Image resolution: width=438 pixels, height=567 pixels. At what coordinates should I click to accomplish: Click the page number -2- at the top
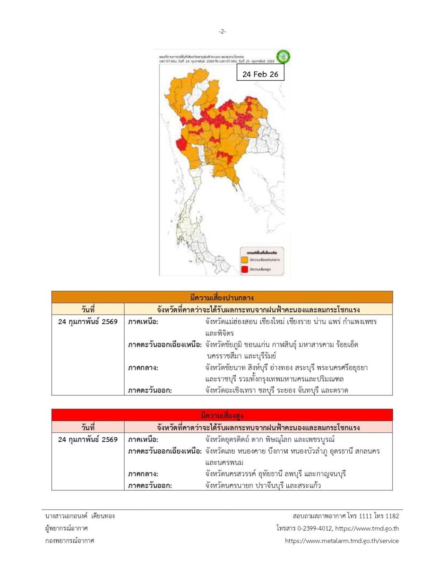point(222,32)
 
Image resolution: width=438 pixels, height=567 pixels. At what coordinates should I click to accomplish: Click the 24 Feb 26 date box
point(260,74)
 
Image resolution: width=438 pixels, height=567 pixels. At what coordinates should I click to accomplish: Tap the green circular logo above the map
point(283,57)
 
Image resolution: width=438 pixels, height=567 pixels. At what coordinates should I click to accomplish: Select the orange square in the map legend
point(245,259)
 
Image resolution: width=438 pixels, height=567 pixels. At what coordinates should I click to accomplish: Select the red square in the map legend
point(245,269)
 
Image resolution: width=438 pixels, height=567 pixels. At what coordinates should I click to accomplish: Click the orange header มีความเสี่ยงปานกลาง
point(222,297)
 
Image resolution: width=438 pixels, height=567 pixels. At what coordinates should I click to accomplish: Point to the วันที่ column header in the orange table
point(88,309)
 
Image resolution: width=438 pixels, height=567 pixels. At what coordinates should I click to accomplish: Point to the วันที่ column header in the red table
point(88,428)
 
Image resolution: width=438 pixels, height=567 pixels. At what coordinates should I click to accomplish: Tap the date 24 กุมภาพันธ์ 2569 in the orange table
point(88,322)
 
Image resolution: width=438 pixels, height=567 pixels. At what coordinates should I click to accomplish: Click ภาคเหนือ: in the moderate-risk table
point(143,322)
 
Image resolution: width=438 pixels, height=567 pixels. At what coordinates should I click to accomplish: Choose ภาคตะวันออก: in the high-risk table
point(149,485)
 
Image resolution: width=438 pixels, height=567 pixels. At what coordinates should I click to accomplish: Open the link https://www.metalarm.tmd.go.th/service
point(342,541)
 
